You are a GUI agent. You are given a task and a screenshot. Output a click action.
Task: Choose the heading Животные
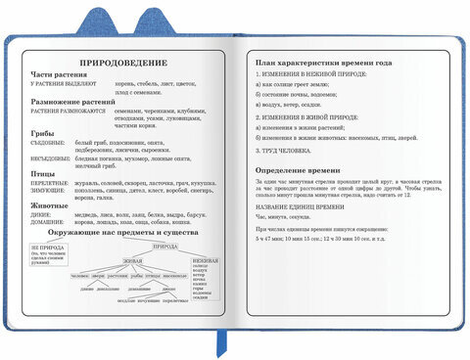point(51,205)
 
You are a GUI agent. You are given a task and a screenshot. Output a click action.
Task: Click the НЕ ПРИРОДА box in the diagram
point(48,257)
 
